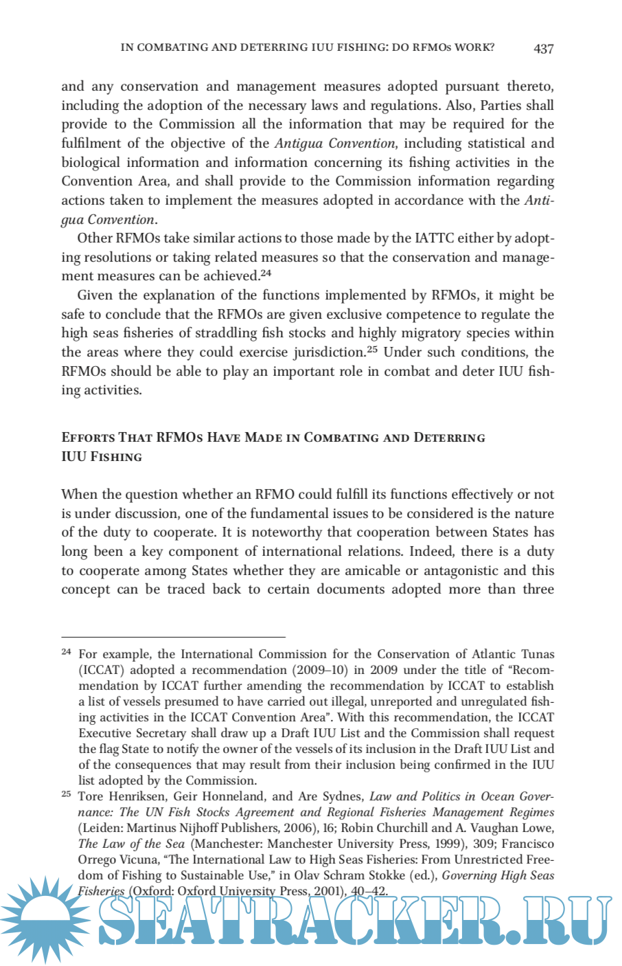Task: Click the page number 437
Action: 543,49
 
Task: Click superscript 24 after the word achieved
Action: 266,273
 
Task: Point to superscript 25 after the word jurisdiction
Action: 372,350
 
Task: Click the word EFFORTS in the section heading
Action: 88,438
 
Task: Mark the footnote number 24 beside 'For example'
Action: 66,651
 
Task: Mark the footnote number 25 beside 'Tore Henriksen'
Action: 66,794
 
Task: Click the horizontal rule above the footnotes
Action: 173,637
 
